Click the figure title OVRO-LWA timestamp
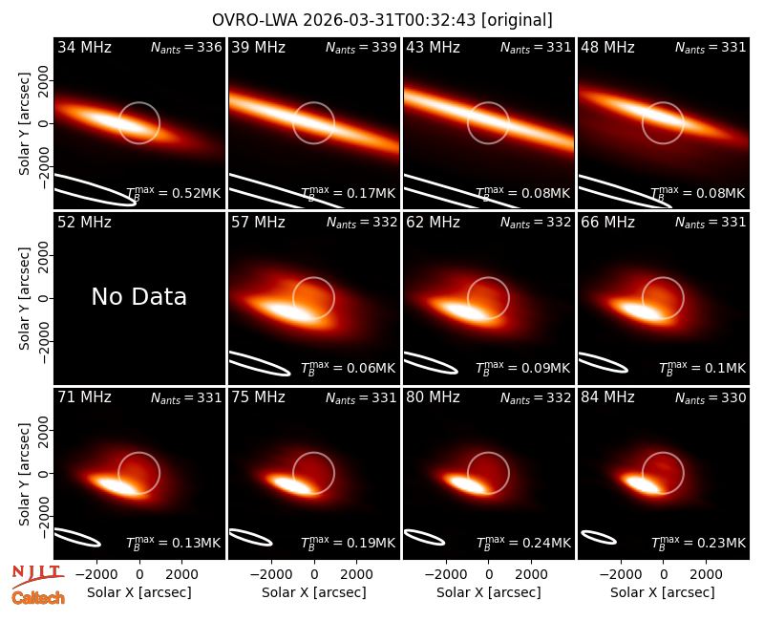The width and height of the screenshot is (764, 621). pos(382,20)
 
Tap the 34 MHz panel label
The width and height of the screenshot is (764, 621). pos(84,47)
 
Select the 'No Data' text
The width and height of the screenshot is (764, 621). pos(138,296)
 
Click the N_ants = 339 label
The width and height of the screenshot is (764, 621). pos(361,47)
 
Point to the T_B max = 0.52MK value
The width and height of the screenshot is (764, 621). pos(174,193)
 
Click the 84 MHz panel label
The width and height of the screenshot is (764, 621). pos(607,397)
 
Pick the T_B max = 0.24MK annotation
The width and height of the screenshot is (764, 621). pos(522,543)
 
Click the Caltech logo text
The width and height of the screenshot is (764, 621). pos(38,598)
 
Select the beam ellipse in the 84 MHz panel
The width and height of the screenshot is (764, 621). pos(600,537)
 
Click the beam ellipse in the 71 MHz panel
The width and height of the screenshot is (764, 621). pos(77,537)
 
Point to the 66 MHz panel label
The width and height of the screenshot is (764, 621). pos(607,223)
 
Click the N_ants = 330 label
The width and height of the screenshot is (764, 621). pos(711,397)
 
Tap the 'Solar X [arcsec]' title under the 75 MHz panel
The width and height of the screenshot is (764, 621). pos(314,592)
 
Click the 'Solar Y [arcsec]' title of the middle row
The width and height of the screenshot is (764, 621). pos(25,298)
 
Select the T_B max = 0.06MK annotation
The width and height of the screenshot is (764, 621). pos(348,368)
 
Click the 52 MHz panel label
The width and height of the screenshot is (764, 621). pos(84,223)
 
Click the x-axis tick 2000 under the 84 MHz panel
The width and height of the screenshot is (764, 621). pos(706,574)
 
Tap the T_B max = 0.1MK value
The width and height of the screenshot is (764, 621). pos(702,368)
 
